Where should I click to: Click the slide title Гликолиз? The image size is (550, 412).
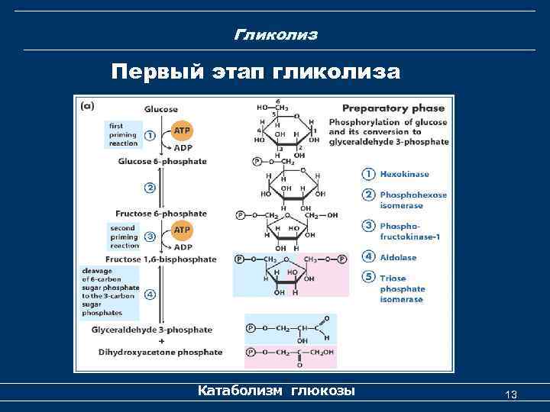coord(276,35)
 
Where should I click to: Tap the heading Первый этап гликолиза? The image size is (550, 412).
coord(255,72)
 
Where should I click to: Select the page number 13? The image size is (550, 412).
coord(511,394)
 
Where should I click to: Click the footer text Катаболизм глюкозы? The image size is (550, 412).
coord(276,391)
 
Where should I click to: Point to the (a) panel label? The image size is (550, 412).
coord(88,108)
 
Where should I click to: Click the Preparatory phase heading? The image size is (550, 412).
coord(393,108)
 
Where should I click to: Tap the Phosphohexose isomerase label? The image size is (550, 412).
coord(412,200)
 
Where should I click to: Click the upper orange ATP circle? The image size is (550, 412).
coord(182,130)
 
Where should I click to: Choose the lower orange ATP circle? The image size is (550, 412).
coord(182,229)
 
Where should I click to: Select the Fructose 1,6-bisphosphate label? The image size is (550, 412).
coord(167,259)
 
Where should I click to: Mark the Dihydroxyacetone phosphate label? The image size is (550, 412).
coord(160,352)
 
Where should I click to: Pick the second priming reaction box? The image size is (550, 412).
coord(122,237)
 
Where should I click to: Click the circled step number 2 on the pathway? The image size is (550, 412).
coord(150,187)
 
